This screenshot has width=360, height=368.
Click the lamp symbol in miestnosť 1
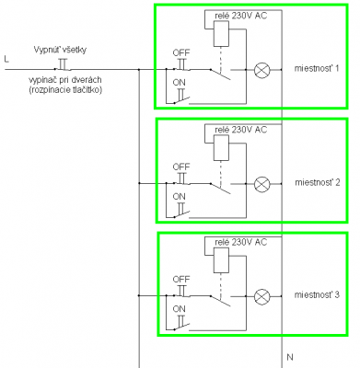[262, 70]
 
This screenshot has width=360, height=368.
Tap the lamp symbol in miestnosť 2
[262, 184]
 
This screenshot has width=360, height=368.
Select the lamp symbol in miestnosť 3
[262, 296]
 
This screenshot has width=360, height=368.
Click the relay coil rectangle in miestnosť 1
[221, 34]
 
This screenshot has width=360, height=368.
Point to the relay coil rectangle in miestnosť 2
[221, 148]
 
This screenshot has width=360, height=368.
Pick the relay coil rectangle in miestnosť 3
[221, 260]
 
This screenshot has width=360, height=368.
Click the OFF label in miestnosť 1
[181, 52]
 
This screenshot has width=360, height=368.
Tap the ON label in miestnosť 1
[179, 82]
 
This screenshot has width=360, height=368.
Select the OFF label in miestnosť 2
[181, 167]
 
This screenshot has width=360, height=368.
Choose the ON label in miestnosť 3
[179, 308]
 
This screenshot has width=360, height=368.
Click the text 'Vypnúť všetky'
[60, 50]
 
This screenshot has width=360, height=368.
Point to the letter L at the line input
[6, 59]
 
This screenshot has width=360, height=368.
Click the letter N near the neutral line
[290, 357]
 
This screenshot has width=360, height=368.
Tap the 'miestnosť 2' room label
[318, 182]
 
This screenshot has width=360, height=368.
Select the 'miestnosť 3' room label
[317, 295]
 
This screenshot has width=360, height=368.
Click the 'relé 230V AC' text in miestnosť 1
[241, 16]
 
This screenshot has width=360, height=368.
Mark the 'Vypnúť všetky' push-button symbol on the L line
[63, 64]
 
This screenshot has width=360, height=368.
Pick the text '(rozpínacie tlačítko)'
[64, 90]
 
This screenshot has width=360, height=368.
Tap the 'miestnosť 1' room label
[317, 68]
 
